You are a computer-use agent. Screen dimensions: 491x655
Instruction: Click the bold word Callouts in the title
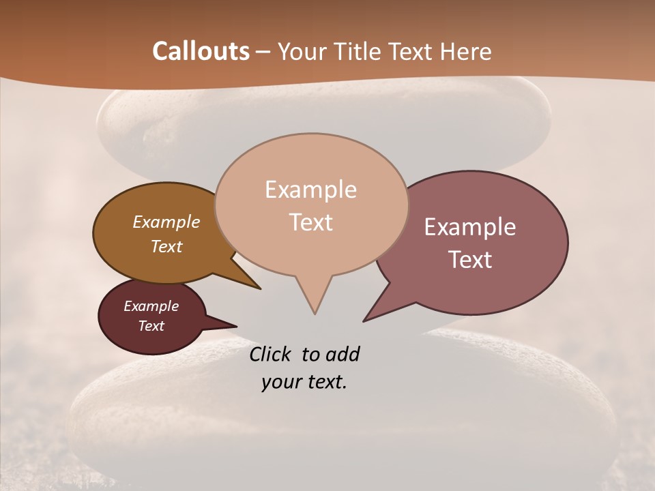tap(201, 51)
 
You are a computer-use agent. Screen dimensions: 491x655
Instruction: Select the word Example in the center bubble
tap(310, 190)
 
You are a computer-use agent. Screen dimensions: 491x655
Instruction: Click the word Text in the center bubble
tap(310, 222)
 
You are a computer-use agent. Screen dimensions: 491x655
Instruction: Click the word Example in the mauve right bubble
tap(470, 227)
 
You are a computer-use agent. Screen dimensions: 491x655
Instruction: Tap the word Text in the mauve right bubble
tap(470, 259)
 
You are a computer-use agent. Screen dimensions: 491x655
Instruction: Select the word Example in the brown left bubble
tap(166, 222)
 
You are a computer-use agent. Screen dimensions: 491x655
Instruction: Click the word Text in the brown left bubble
tap(166, 246)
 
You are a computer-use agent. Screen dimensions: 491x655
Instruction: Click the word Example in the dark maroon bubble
tap(151, 306)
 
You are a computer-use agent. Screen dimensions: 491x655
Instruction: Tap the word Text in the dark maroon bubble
tap(151, 326)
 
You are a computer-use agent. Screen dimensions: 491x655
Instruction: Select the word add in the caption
tap(343, 354)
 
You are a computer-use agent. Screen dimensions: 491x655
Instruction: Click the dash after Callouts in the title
tap(263, 52)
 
